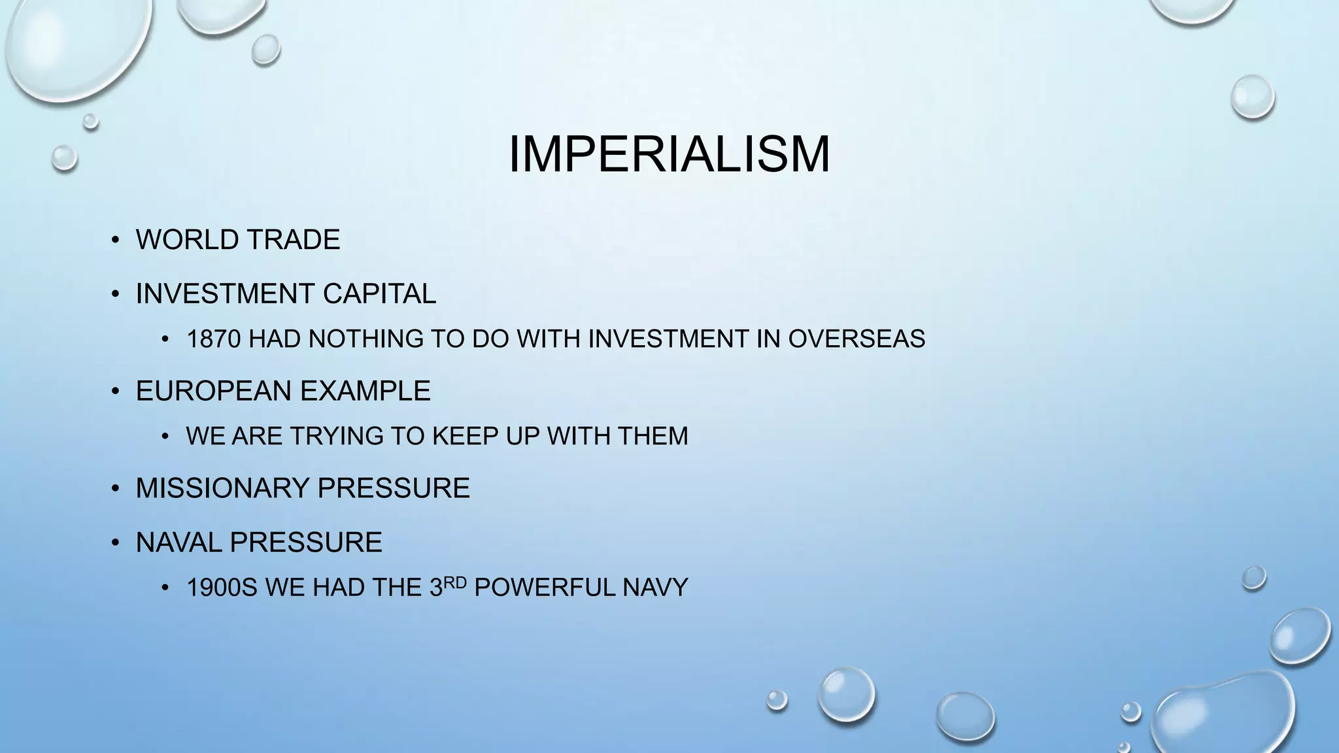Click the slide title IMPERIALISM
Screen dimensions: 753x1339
click(669, 154)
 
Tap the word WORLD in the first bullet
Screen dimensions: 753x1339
click(182, 240)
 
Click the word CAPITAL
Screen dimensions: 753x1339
click(379, 293)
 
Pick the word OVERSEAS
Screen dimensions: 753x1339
click(856, 339)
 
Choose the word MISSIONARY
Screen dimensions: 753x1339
click(222, 488)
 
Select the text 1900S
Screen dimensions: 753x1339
click(222, 588)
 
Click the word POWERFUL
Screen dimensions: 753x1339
click(545, 588)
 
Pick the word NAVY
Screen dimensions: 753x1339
click(655, 588)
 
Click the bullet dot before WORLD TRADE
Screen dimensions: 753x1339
click(115, 241)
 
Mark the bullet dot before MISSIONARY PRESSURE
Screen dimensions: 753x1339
click(115, 489)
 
